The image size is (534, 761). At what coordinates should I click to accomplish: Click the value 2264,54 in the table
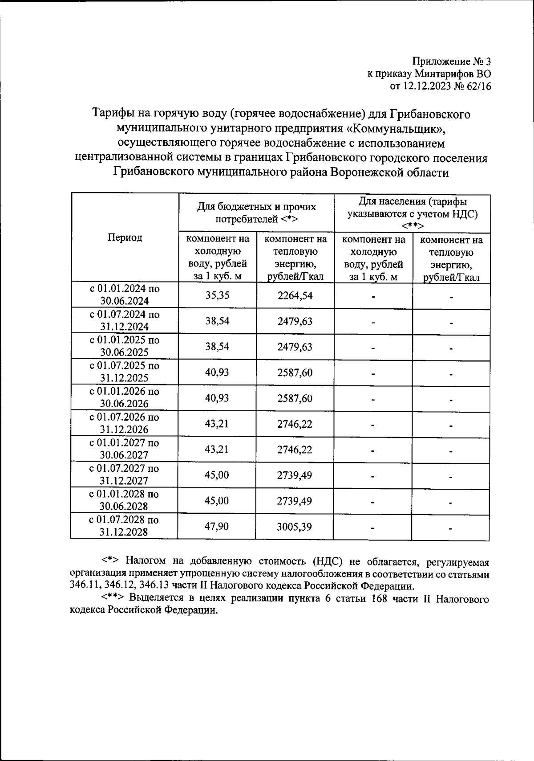pos(295,295)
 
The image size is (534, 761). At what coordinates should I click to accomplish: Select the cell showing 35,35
pos(217,295)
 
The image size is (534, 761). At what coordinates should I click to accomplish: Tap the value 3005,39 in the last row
pos(295,527)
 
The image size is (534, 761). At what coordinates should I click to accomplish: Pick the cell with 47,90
pos(217,527)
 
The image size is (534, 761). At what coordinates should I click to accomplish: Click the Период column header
pos(125,237)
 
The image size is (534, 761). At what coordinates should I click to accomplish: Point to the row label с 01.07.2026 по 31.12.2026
pos(124,423)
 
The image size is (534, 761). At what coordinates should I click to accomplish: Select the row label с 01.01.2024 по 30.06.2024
pos(125,295)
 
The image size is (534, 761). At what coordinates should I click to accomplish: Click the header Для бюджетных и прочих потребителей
pos(257,213)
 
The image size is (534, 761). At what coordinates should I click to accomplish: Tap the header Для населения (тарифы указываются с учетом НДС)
pos(412,213)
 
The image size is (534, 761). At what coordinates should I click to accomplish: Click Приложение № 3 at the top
pos(452,61)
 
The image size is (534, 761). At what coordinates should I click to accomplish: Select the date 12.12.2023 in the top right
pos(426,86)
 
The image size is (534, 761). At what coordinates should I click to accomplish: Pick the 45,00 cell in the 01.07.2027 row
pos(217,475)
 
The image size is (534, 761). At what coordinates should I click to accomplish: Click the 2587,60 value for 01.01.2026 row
pos(295,398)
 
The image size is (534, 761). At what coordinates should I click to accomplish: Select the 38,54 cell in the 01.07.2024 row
pos(217,321)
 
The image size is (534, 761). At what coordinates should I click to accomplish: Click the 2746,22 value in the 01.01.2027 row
pos(295,449)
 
